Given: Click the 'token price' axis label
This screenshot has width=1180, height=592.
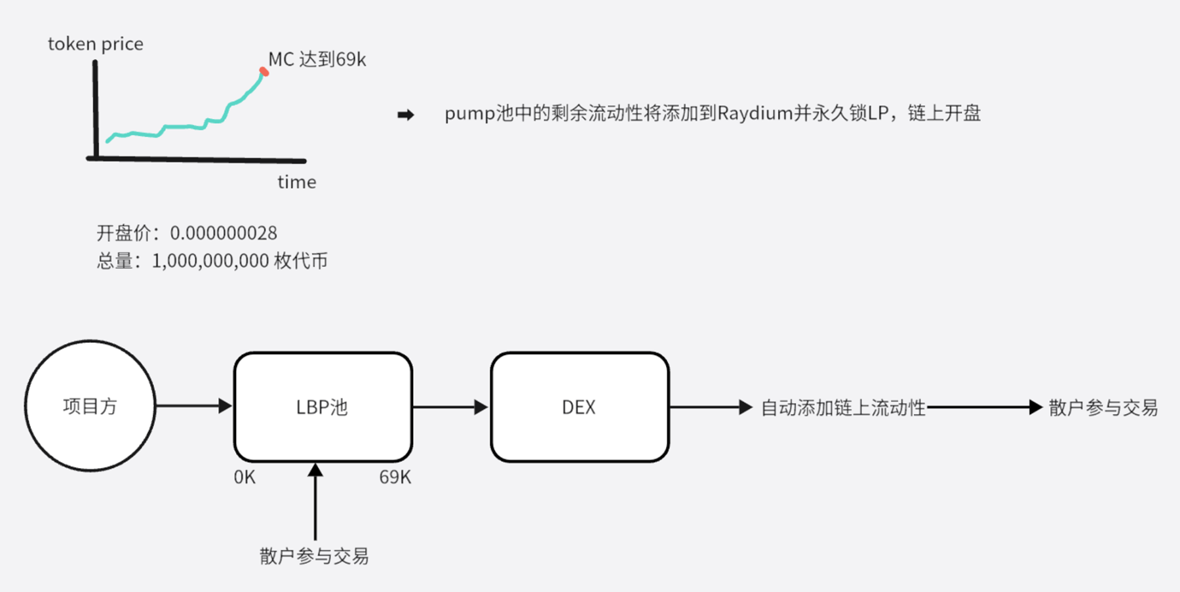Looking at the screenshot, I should pos(96,44).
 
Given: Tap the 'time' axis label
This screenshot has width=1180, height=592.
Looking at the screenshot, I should pos(296,182).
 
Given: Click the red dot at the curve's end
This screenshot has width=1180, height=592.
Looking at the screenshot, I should pos(264,71).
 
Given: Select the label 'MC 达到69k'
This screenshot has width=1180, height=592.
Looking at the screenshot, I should pos(317,60).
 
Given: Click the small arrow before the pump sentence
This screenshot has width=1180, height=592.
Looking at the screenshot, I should pos(406,115).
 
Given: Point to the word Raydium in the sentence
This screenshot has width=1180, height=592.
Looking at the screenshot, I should pos(755,113).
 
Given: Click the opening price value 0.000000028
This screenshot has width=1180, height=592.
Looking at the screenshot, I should pos(224,233).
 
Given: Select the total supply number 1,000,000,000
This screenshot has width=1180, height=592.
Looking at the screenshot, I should pos(210,261).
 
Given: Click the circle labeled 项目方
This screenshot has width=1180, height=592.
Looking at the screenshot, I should pos(90,406).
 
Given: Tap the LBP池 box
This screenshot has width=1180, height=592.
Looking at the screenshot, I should pos(323,407).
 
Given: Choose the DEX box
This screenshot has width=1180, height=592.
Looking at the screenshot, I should pos(580,407).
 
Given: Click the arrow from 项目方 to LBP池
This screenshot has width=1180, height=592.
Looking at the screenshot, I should pos(193,406).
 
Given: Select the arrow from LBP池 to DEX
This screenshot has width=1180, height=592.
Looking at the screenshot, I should pos(450,407).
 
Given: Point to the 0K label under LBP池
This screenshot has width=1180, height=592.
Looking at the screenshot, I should pos(245,477).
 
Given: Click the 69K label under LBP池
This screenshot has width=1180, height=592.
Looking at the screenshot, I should pos(395,477).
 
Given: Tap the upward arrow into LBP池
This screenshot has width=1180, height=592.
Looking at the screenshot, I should pos(315,502).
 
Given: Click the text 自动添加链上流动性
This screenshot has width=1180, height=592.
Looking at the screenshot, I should pos(843,408).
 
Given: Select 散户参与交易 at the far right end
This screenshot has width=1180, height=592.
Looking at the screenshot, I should pos(1103,408).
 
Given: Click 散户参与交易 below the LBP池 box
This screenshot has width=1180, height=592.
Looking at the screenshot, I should pos(314,556).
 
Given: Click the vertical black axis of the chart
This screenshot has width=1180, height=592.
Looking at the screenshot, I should pos(96,108).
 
